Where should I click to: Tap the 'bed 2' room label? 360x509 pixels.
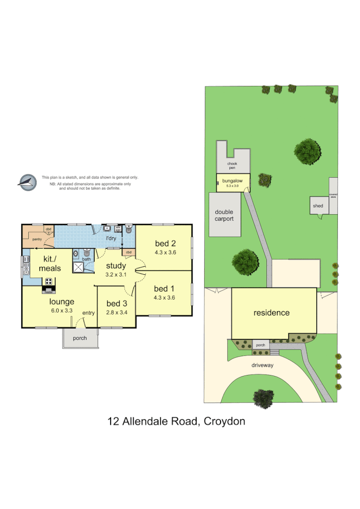[x=164, y=242]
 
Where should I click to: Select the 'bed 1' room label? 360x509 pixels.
[x=164, y=289]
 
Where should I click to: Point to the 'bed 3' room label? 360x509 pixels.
[x=117, y=303]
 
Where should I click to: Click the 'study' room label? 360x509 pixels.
[x=116, y=266]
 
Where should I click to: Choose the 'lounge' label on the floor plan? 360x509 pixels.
[x=62, y=302]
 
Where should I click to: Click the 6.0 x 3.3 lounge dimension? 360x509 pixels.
[x=62, y=310]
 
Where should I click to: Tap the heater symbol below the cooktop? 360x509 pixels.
[x=48, y=291]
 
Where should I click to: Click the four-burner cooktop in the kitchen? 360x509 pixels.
[x=49, y=282]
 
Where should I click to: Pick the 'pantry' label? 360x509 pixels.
[x=36, y=239]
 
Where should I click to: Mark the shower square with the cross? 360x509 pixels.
[x=78, y=267]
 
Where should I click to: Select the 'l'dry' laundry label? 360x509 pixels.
[x=112, y=239]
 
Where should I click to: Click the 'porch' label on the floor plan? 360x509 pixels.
[x=80, y=338]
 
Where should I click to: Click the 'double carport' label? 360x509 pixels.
[x=224, y=215]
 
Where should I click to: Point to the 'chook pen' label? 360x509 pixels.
[x=233, y=166]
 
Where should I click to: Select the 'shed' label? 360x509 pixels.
[x=318, y=206]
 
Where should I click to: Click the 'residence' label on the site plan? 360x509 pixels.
[x=272, y=313]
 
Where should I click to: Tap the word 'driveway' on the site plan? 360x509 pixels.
[x=262, y=365]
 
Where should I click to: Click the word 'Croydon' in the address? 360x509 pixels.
[x=224, y=422]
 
